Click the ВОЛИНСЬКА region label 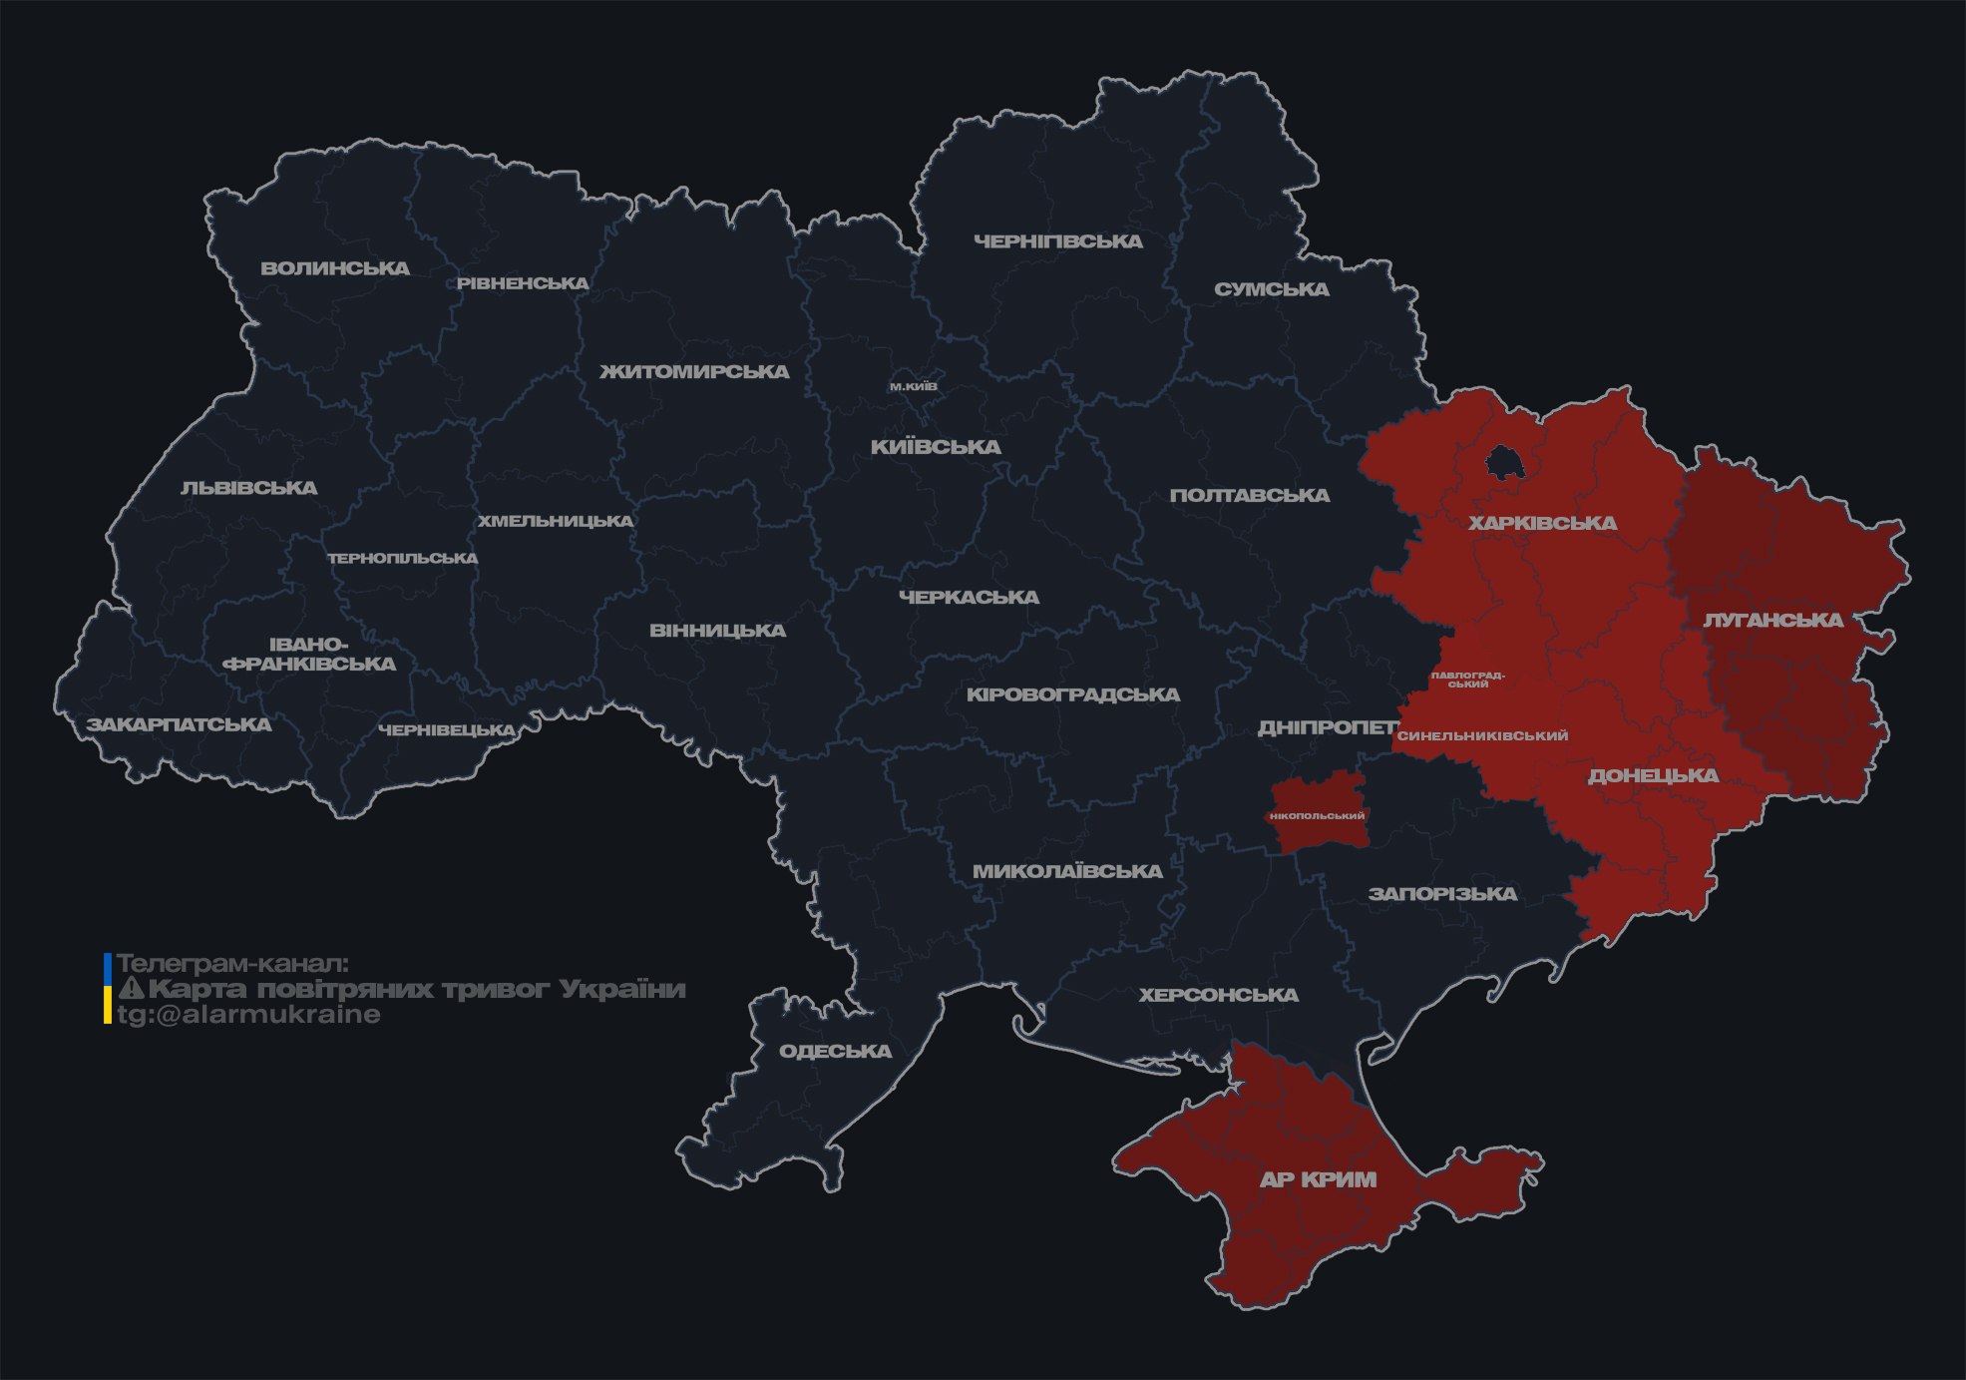click(x=335, y=268)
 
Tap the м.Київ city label click(x=913, y=386)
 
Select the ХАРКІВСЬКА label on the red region click(x=1542, y=523)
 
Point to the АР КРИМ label click(x=1318, y=1179)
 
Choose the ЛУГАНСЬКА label click(x=1772, y=620)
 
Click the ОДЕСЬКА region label click(x=835, y=1051)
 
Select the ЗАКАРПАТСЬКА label click(x=179, y=724)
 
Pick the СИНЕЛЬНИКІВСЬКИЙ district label click(x=1482, y=735)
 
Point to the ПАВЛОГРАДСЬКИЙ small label click(x=1467, y=680)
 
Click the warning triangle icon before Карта click(x=131, y=989)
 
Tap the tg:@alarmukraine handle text click(x=248, y=1015)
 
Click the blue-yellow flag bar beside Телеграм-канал click(x=108, y=988)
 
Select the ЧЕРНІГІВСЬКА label click(x=1057, y=241)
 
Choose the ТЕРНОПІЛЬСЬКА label click(x=403, y=558)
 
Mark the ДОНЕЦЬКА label click(x=1652, y=775)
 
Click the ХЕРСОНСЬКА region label click(x=1218, y=995)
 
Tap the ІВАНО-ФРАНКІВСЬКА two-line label click(x=310, y=655)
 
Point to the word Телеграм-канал click(x=232, y=964)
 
